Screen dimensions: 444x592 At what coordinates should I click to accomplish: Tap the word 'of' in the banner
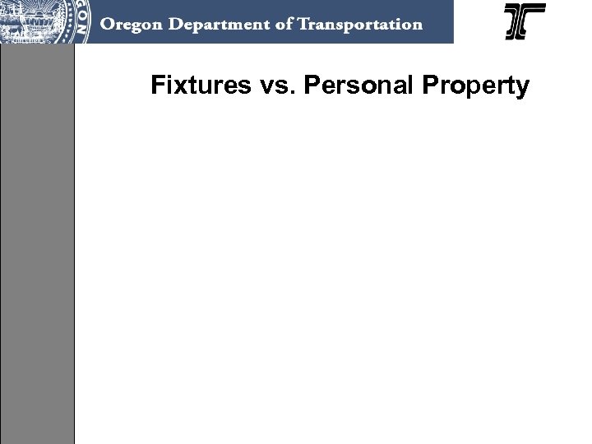click(280, 24)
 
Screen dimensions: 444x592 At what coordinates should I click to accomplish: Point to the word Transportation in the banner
click(358, 24)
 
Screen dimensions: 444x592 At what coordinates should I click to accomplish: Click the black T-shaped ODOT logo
click(525, 21)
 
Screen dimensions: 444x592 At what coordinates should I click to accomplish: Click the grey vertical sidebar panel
click(37, 247)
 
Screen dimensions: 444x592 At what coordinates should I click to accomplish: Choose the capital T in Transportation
click(300, 24)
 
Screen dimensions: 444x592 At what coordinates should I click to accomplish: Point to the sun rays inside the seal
click(36, 12)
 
